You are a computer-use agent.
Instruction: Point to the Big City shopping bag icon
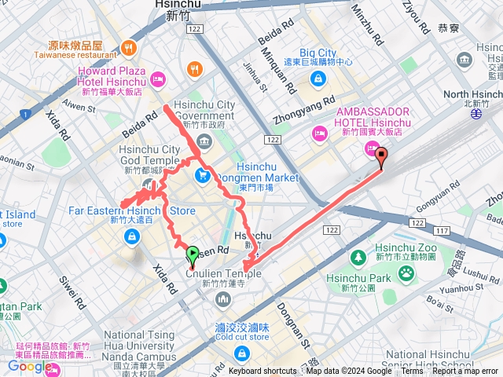318,78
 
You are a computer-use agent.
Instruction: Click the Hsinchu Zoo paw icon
406,273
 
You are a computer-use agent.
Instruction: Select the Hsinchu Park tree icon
358,258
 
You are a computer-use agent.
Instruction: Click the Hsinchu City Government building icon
204,142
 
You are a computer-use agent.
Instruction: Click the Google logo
30,366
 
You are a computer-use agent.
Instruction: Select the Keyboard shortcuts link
263,371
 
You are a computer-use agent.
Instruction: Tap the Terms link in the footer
412,371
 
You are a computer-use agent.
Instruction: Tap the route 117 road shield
441,230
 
